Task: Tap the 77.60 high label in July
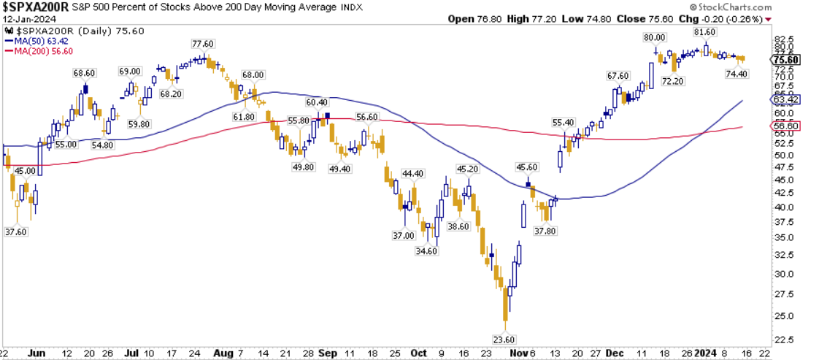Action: click(x=202, y=44)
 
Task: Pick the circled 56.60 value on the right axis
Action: click(x=788, y=126)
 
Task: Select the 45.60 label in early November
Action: click(x=527, y=167)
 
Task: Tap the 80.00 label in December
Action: click(x=653, y=37)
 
